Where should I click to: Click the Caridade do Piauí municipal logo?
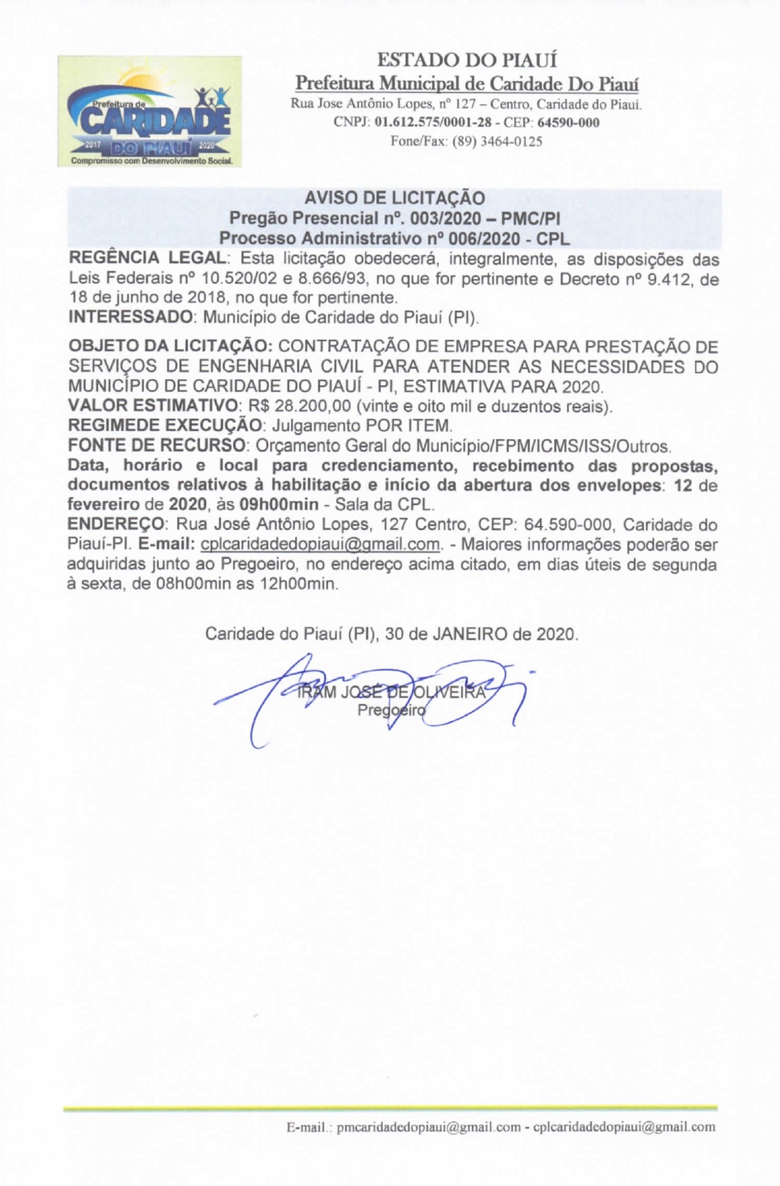click(x=150, y=111)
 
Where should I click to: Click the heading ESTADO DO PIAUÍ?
click(x=467, y=61)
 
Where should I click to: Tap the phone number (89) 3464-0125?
click(x=497, y=141)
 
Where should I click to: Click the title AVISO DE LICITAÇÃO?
click(x=395, y=198)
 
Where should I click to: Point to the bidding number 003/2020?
click(x=445, y=218)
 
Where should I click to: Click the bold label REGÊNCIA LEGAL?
click(x=147, y=259)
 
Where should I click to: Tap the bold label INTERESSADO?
click(x=131, y=318)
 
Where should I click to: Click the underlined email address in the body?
click(x=320, y=544)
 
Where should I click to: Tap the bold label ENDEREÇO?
click(x=115, y=524)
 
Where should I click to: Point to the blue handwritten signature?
click(x=386, y=696)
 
